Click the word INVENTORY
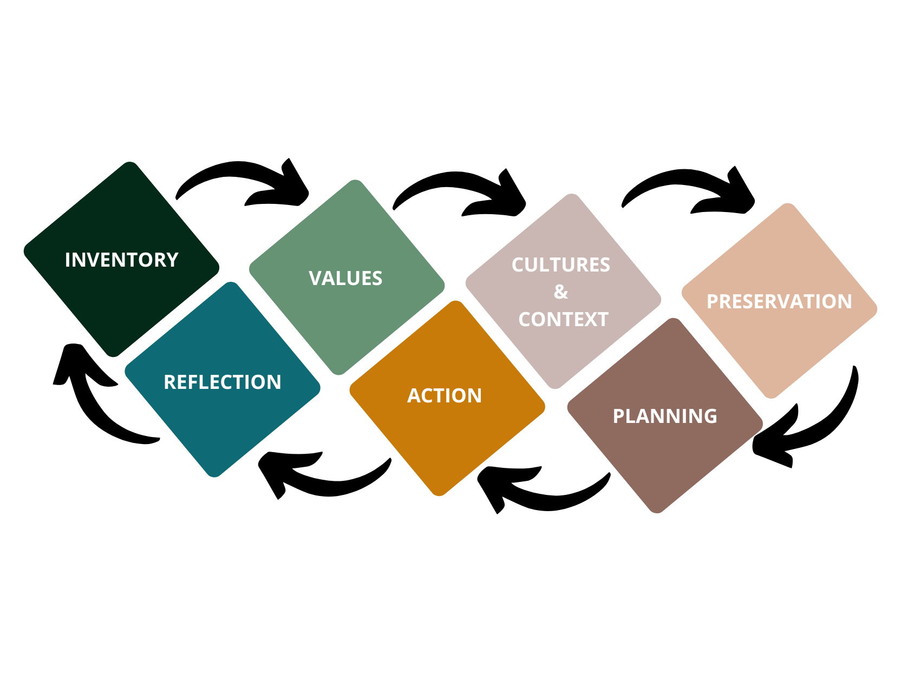pyautogui.click(x=122, y=260)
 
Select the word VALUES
pyautogui.click(x=345, y=279)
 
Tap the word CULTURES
pyautogui.click(x=561, y=265)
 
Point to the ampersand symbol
pyautogui.click(x=561, y=292)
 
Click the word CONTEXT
pyautogui.click(x=563, y=320)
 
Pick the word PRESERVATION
pyautogui.click(x=779, y=302)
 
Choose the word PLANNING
pyautogui.click(x=665, y=416)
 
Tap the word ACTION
pyautogui.click(x=445, y=396)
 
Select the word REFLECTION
pyautogui.click(x=223, y=382)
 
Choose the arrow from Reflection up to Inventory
pyautogui.click(x=92, y=400)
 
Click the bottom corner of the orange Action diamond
pyautogui.click(x=439, y=493)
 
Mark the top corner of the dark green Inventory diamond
pyautogui.click(x=129, y=164)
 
